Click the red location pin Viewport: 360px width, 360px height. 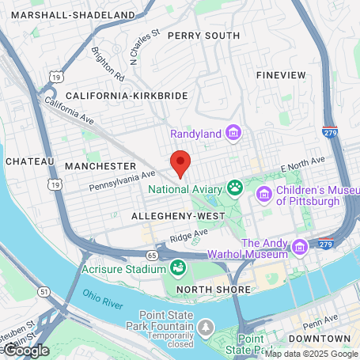click(181, 163)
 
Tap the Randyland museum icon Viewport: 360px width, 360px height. click(233, 132)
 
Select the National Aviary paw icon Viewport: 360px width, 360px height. click(235, 188)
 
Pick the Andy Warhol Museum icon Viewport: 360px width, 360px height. click(299, 248)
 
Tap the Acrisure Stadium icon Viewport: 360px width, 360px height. click(179, 267)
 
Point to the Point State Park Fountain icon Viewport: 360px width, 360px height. click(207, 327)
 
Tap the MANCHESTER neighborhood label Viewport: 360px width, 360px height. click(100, 166)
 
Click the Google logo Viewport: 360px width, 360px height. click(25, 349)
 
